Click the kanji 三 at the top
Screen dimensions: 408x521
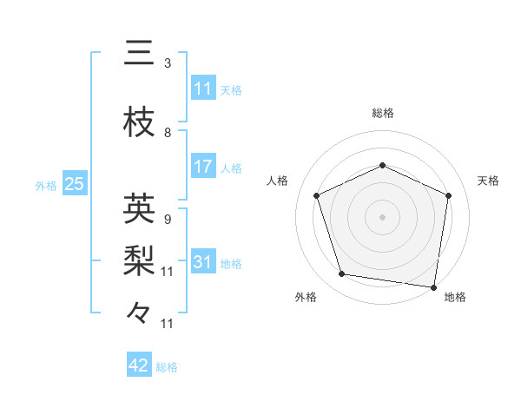point(139,53)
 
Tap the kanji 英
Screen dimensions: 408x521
point(139,208)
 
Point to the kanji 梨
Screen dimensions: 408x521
point(139,260)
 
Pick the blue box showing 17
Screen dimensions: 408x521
point(203,167)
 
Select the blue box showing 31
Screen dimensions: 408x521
point(203,263)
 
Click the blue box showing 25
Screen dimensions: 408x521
point(74,184)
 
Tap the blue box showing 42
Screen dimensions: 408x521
point(139,365)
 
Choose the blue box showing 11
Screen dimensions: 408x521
point(203,89)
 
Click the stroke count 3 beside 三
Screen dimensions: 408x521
point(168,63)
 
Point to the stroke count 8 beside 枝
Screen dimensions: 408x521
point(168,133)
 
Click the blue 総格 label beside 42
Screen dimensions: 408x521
point(167,367)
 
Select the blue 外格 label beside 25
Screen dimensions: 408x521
point(46,185)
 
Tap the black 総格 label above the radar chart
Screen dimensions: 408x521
point(382,113)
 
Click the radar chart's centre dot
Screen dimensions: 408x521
point(382,216)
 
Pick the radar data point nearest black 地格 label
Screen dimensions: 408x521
point(433,286)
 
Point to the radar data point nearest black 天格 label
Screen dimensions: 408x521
point(448,195)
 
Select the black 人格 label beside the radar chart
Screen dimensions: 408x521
point(278,181)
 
